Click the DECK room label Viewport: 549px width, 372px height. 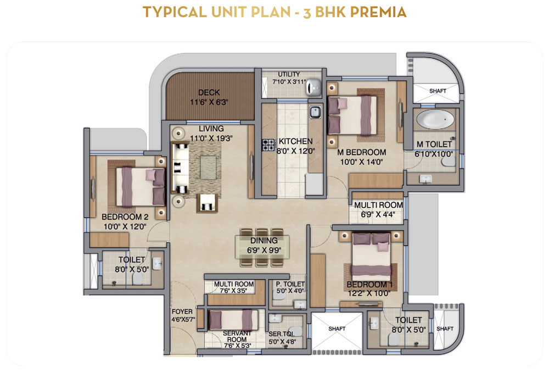click(x=209, y=92)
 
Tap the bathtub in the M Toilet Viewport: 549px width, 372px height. click(x=435, y=119)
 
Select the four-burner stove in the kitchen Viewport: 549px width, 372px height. click(x=269, y=145)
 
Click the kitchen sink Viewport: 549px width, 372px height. click(x=315, y=113)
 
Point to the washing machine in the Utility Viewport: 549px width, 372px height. click(x=314, y=87)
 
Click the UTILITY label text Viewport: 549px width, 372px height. click(x=289, y=74)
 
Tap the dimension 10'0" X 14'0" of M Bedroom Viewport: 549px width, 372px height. click(x=362, y=162)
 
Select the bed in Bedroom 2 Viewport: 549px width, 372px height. click(x=141, y=187)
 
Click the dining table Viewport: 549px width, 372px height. click(x=262, y=247)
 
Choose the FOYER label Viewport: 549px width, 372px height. click(x=182, y=312)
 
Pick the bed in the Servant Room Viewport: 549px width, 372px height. click(x=233, y=319)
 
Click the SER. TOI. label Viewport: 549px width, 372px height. click(x=282, y=334)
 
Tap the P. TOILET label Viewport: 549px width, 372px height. click(x=290, y=284)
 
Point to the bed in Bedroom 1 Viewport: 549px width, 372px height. click(x=371, y=257)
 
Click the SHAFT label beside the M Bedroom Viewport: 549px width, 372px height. click(x=438, y=91)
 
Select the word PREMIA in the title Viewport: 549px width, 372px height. click(x=378, y=12)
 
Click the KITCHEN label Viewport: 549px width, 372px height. click(x=295, y=141)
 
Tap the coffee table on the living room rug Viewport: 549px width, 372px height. click(x=208, y=168)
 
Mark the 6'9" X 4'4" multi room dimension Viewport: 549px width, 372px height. click(x=378, y=214)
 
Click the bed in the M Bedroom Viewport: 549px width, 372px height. click(x=352, y=115)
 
